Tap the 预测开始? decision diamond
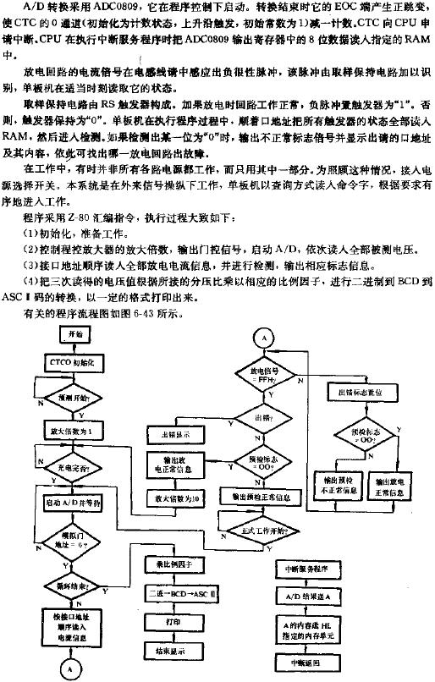click(x=71, y=395)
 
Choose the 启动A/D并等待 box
click(x=72, y=501)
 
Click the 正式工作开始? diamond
click(x=262, y=530)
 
